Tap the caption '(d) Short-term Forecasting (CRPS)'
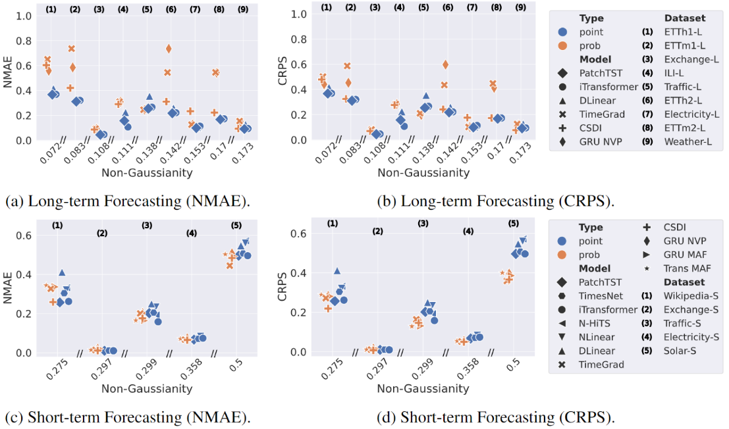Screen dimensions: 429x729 point(507,416)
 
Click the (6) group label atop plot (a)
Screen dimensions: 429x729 point(171,9)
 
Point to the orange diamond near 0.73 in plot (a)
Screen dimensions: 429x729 point(169,49)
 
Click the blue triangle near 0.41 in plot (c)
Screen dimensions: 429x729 point(62,272)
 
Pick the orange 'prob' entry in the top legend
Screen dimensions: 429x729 point(590,45)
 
